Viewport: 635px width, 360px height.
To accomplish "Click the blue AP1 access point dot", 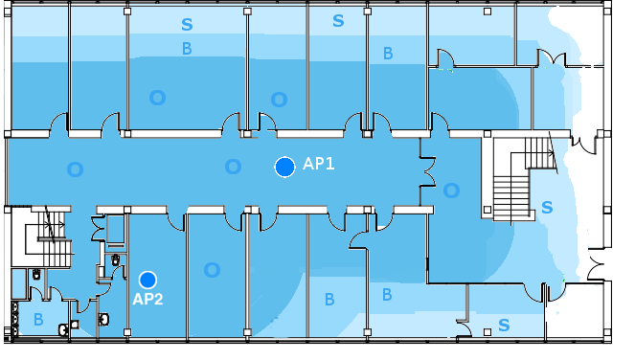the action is pos(284,167).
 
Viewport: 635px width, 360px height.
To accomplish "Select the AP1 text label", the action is pos(319,164).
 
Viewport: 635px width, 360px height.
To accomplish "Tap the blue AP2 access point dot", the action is pos(147,280).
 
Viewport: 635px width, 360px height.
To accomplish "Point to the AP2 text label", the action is pos(147,300).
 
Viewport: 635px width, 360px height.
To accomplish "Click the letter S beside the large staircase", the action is pos(547,208).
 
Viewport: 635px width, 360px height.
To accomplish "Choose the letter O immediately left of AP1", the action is pos(233,167).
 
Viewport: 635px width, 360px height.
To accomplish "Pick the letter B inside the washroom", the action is pos(38,320).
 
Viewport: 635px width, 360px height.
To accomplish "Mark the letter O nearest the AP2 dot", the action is pos(212,270).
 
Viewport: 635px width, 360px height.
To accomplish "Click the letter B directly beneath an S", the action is pos(187,49).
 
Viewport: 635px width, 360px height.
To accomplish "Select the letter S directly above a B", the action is pos(187,25).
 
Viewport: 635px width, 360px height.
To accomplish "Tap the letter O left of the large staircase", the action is pos(451,191).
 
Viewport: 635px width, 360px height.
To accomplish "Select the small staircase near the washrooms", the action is pos(48,236).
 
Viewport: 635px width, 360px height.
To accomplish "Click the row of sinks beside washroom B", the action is pos(15,319).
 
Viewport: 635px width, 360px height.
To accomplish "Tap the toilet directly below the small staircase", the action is pos(36,275).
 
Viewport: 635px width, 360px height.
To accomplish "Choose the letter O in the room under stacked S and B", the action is pos(157,98).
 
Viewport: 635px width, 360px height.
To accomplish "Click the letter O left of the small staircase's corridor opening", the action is pos(76,169).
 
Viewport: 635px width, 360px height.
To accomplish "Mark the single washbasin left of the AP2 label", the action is pos(103,319).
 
